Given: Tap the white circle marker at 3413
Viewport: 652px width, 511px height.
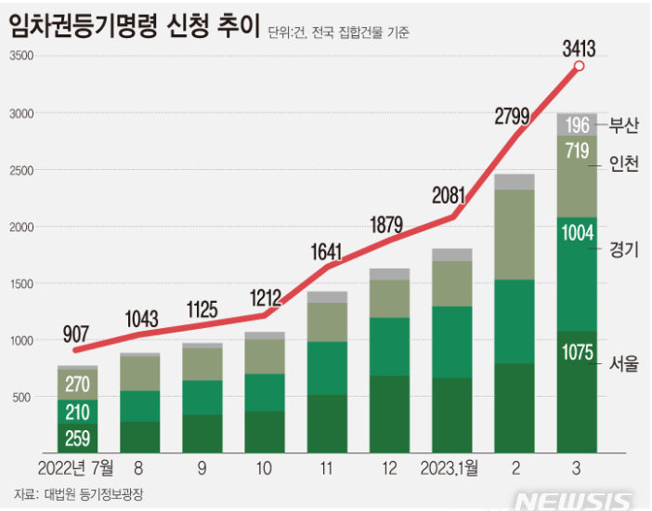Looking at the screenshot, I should pyautogui.click(x=580, y=66).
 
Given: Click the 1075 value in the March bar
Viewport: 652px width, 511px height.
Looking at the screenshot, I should pyautogui.click(x=577, y=351).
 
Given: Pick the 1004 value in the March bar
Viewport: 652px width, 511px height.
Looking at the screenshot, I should pyautogui.click(x=577, y=234).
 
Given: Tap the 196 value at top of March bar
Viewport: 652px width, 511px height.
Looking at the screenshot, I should pyautogui.click(x=577, y=124).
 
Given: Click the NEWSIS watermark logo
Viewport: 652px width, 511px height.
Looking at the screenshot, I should pyautogui.click(x=576, y=500).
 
